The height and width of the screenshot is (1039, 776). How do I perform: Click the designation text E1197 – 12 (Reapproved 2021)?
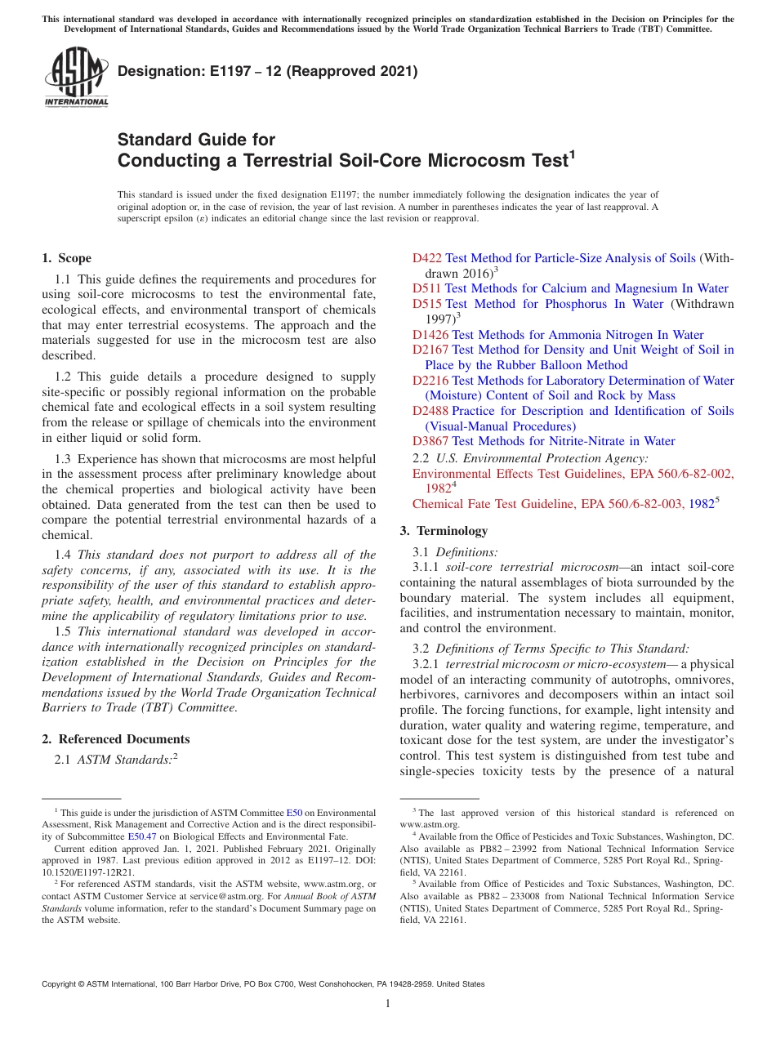pyautogui.click(x=268, y=71)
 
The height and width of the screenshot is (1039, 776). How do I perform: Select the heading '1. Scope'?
pyautogui.click(x=66, y=258)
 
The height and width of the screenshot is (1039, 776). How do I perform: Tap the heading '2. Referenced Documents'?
pyautogui.click(x=115, y=739)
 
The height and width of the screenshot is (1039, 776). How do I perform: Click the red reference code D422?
pyautogui.click(x=426, y=258)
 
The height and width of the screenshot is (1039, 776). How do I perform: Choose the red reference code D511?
pyautogui.click(x=426, y=288)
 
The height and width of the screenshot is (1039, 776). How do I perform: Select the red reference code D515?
pyautogui.click(x=426, y=304)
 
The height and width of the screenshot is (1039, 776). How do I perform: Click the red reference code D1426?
pyautogui.click(x=430, y=335)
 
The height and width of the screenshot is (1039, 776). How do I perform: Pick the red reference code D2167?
pyautogui.click(x=430, y=350)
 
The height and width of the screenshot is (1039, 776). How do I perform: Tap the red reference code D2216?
pyautogui.click(x=430, y=381)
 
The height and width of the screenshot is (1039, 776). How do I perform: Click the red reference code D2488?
pyautogui.click(x=430, y=411)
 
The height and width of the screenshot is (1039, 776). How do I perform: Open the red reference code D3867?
pyautogui.click(x=430, y=441)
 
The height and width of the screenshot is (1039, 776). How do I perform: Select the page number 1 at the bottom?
pyautogui.click(x=388, y=1004)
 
